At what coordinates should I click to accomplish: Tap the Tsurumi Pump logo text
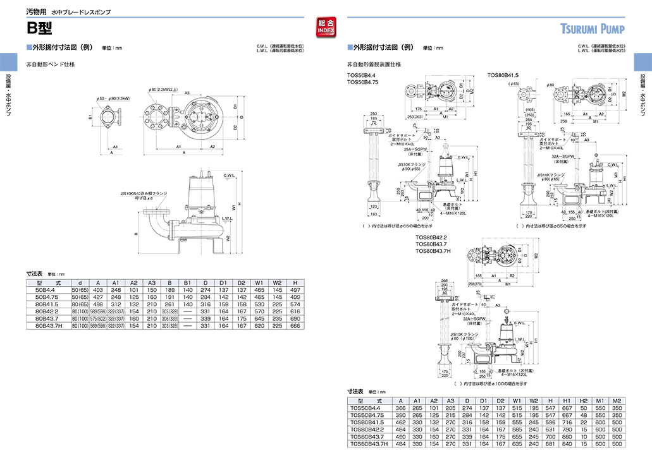pyautogui.click(x=592, y=28)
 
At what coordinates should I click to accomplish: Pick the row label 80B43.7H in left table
pyautogui.click(x=48, y=326)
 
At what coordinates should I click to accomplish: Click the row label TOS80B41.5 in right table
pyautogui.click(x=369, y=423)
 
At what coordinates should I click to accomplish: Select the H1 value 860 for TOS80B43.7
pyautogui.click(x=566, y=436)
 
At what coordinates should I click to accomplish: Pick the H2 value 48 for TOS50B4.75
pyautogui.click(x=583, y=416)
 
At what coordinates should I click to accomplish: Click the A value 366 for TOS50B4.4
pyautogui.click(x=400, y=409)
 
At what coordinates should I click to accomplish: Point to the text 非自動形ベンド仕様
pyautogui.click(x=50, y=64)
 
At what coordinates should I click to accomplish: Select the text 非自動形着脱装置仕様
pyautogui.click(x=374, y=64)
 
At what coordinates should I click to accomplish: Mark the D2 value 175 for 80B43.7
pyautogui.click(x=242, y=318)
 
